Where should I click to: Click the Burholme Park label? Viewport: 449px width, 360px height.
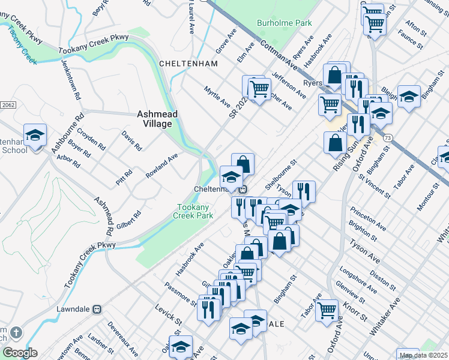click(x=285, y=23)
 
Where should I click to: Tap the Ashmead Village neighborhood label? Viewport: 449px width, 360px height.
click(x=154, y=118)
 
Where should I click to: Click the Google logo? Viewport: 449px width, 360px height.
click(x=20, y=353)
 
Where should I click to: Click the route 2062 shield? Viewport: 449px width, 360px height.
click(x=8, y=104)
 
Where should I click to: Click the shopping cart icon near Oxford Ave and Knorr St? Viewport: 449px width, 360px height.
click(x=327, y=310)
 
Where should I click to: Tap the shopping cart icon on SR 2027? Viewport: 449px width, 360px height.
click(x=259, y=89)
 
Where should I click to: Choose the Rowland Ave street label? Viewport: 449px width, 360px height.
click(x=162, y=166)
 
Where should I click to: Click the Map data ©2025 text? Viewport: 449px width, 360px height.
click(x=424, y=355)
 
